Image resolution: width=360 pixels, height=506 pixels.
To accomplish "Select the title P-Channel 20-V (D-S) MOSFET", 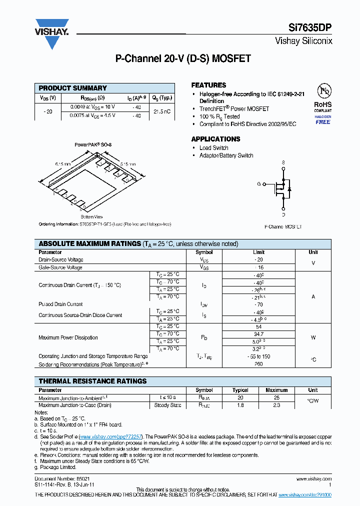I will (x=183, y=58).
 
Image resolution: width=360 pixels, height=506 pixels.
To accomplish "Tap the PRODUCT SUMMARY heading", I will (x=73, y=88).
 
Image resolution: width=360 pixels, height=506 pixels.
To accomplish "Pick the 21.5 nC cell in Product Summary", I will (x=162, y=111).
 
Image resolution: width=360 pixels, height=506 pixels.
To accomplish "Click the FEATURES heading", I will (x=208, y=85).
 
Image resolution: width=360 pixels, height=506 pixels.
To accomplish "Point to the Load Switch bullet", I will (x=213, y=148).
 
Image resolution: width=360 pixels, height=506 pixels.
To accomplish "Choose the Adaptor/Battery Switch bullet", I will (x=226, y=155).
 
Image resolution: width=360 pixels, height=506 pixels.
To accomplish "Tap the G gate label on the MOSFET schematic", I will (x=259, y=184).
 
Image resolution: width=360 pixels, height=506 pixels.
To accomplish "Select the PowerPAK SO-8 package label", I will (x=93, y=144).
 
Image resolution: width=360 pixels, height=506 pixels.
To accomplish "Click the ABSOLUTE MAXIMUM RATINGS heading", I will (x=90, y=244).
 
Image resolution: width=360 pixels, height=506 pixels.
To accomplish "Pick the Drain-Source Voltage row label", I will (x=61, y=260).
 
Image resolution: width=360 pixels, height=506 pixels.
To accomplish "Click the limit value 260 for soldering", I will (x=258, y=364).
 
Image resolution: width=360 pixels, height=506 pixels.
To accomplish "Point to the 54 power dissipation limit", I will (x=258, y=327).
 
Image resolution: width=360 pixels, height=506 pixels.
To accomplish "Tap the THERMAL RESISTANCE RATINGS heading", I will (x=93, y=381).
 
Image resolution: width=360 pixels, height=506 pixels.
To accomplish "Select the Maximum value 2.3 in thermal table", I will (x=276, y=405).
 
